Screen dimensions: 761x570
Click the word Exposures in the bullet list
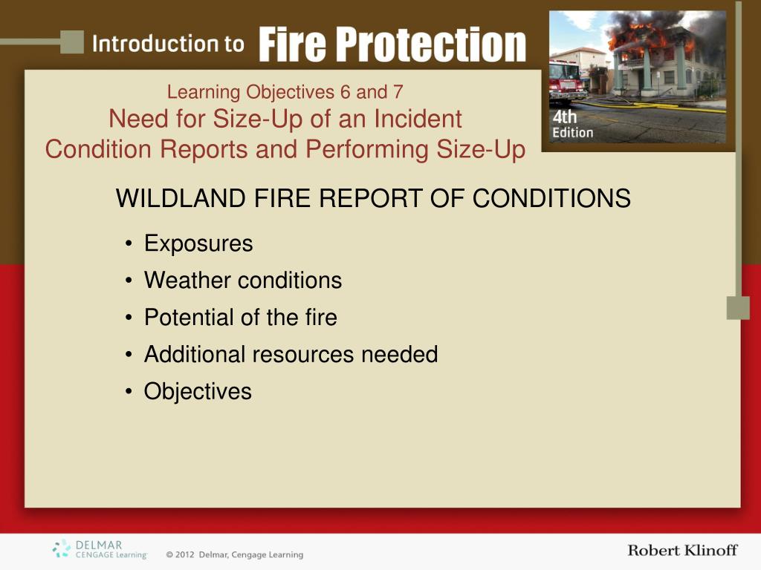point(198,243)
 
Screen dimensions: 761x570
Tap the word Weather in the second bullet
point(187,280)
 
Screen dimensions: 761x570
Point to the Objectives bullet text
point(198,392)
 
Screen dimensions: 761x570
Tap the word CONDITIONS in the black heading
point(551,198)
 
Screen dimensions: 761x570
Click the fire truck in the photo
point(567,82)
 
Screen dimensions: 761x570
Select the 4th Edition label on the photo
point(573,124)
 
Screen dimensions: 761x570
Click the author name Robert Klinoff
point(682,550)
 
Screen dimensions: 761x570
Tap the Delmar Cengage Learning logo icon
point(61,548)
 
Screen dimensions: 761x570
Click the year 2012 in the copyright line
point(184,554)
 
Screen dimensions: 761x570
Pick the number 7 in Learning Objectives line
point(398,92)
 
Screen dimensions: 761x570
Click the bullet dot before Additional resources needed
point(128,355)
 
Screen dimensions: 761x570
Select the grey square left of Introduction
point(72,42)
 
